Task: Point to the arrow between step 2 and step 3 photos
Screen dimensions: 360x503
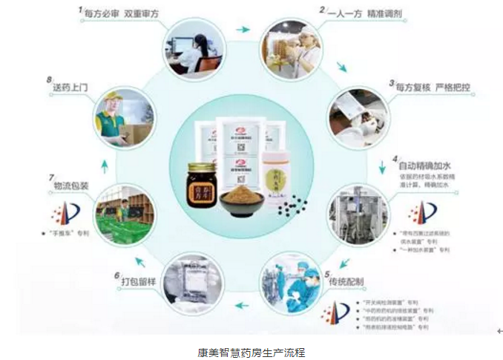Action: pyautogui.click(x=341, y=68)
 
